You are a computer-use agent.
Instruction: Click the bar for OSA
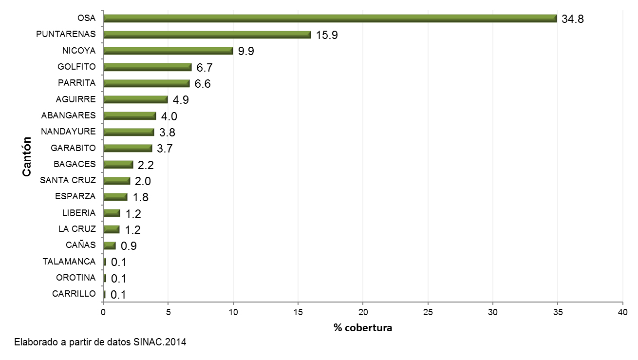click(x=330, y=19)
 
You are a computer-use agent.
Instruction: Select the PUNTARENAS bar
click(x=207, y=35)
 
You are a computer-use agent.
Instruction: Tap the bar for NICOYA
click(x=168, y=51)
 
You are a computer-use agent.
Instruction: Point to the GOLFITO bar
click(x=147, y=67)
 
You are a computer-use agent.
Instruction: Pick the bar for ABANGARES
click(x=130, y=115)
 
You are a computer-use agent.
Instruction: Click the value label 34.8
click(x=572, y=19)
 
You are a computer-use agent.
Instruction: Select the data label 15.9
click(x=327, y=35)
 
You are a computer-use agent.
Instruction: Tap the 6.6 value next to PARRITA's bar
click(x=203, y=84)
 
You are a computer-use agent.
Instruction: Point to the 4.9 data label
click(x=181, y=100)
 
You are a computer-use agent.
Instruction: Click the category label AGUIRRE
click(x=75, y=99)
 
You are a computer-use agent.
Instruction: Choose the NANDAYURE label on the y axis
click(x=68, y=132)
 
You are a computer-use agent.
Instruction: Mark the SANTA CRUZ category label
click(x=68, y=180)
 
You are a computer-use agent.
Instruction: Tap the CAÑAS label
click(x=81, y=245)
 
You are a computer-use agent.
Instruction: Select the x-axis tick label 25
click(x=428, y=311)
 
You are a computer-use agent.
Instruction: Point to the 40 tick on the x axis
click(x=622, y=311)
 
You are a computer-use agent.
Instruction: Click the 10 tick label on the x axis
click(x=233, y=311)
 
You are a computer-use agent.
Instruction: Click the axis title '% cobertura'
click(x=363, y=328)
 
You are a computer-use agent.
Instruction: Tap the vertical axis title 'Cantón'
click(x=28, y=156)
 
